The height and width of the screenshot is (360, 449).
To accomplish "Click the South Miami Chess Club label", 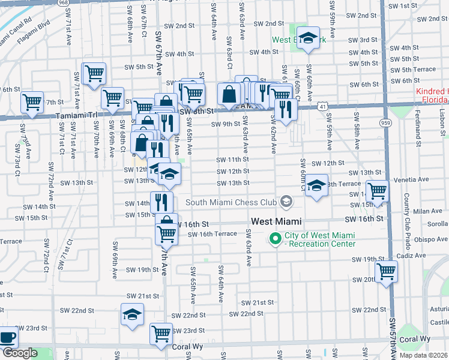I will tap(232, 202).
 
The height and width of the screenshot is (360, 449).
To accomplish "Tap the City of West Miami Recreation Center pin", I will tap(276, 238).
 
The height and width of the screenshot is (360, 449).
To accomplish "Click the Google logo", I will tap(19, 353).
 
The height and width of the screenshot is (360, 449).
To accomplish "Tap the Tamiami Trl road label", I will tap(76, 115).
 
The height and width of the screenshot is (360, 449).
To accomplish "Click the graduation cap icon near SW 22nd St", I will tap(132, 314).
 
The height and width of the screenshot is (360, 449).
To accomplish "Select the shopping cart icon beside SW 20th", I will tap(385, 271).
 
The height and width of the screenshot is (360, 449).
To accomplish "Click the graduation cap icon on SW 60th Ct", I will tap(316, 185).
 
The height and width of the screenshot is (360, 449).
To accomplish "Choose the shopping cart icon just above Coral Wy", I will tap(161, 333).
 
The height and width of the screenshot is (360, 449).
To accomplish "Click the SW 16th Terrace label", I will tap(212, 234).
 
